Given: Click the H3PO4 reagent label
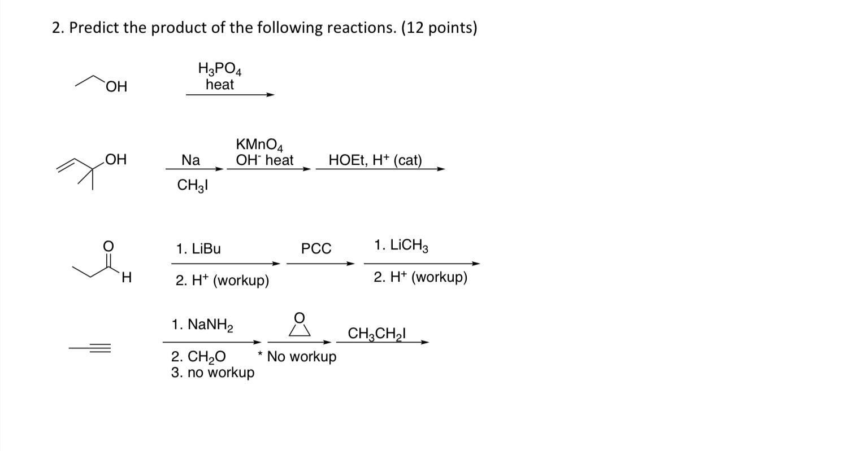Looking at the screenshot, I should pyautogui.click(x=220, y=70).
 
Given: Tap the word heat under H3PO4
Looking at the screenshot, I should pyautogui.click(x=220, y=85).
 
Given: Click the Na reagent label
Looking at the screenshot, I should pyautogui.click(x=191, y=160).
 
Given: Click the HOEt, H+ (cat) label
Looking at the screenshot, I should pyautogui.click(x=375, y=160).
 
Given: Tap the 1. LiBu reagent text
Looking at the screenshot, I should pyautogui.click(x=198, y=249).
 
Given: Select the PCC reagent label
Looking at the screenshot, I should pyautogui.click(x=316, y=249).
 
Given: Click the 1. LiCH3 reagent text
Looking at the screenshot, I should pyautogui.click(x=401, y=246).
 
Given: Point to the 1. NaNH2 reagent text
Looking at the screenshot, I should pyautogui.click(x=202, y=325).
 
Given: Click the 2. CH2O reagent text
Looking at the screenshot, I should pyautogui.click(x=198, y=357).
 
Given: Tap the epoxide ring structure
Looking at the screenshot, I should pyautogui.click(x=300, y=326).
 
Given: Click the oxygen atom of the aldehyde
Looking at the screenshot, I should pyautogui.click(x=108, y=246).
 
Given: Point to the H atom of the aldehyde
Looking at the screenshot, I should pyautogui.click(x=127, y=278).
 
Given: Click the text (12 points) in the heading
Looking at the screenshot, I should pyautogui.click(x=439, y=28).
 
